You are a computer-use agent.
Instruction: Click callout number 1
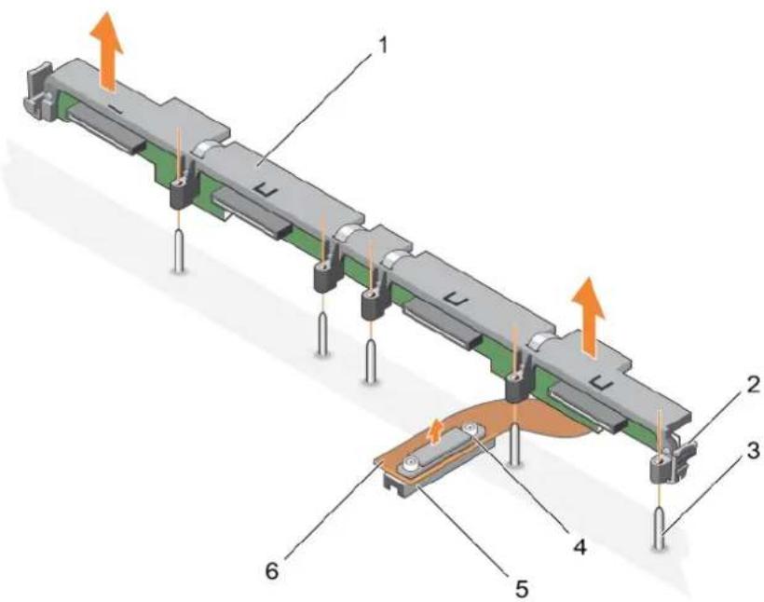383,47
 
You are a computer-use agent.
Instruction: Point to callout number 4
580,547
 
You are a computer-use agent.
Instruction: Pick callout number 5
521,589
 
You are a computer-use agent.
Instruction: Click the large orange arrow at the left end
107,50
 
